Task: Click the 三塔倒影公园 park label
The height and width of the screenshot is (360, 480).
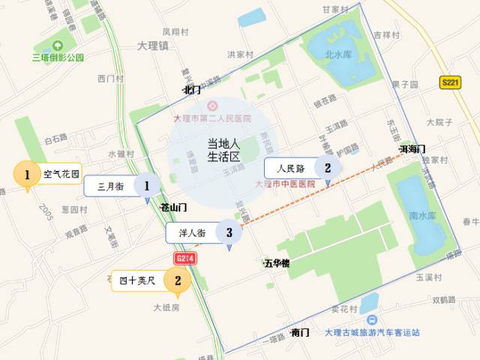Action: pyautogui.click(x=58, y=57)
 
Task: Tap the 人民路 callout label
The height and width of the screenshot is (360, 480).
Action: pyautogui.click(x=291, y=169)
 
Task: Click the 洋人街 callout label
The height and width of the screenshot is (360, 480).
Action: pyautogui.click(x=193, y=232)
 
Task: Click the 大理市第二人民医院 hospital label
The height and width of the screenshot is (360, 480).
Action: pyautogui.click(x=212, y=118)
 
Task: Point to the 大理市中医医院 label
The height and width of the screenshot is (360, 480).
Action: pyautogui.click(x=285, y=184)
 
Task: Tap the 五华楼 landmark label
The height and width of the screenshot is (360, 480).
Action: pyautogui.click(x=277, y=263)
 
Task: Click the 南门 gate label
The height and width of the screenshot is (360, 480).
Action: pyautogui.click(x=300, y=332)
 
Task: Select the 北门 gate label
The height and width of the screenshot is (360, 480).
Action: pyautogui.click(x=191, y=90)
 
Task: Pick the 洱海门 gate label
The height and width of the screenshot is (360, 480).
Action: pyautogui.click(x=412, y=148)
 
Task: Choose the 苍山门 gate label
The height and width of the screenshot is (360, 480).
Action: pyautogui.click(x=173, y=206)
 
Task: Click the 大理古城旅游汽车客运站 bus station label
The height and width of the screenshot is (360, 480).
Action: pyautogui.click(x=373, y=332)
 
